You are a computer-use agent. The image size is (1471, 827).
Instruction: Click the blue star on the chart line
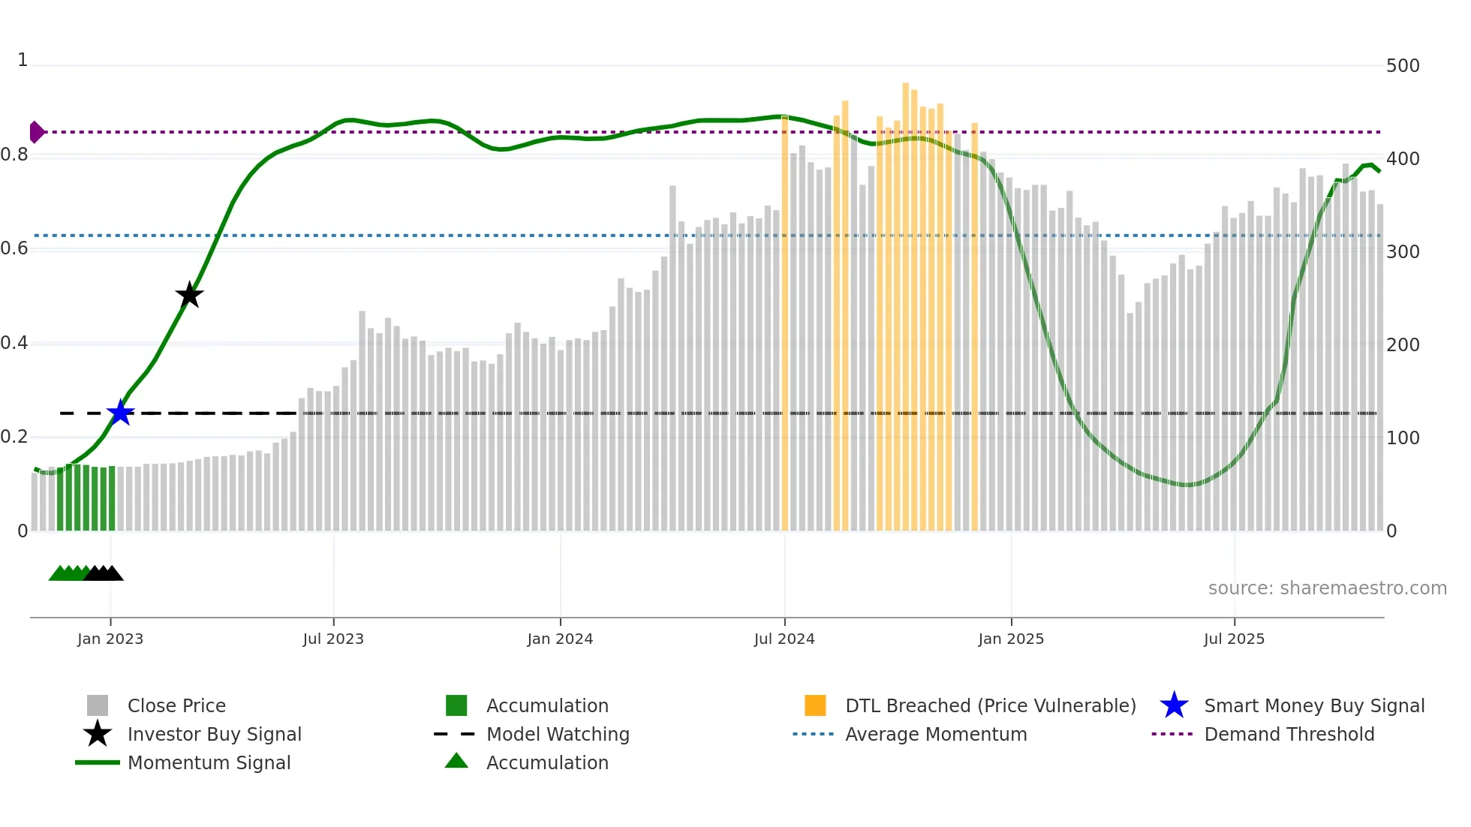[120, 413]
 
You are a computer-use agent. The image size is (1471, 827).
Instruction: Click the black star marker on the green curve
[189, 295]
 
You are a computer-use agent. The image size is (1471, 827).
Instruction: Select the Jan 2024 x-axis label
[560, 639]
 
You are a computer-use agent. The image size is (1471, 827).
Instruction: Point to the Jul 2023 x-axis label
[333, 639]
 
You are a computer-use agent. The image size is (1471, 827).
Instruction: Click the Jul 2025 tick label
[1234, 639]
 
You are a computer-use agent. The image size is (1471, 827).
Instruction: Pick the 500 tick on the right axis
[1402, 66]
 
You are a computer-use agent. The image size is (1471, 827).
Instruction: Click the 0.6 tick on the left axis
[14, 248]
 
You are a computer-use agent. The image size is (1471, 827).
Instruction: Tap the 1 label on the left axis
[23, 60]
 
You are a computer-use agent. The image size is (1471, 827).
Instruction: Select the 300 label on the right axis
[1402, 252]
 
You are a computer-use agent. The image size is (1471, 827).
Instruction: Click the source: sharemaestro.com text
[1327, 588]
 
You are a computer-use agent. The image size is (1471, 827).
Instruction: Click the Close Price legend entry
[176, 705]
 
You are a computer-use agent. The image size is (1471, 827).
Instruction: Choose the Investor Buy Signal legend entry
[214, 734]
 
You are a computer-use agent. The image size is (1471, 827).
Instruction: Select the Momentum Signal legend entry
[209, 762]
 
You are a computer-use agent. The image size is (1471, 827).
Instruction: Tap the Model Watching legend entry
[558, 734]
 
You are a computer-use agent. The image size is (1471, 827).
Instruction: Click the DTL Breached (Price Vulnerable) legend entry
[990, 705]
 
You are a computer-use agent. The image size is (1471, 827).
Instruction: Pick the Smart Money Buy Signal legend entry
[1313, 705]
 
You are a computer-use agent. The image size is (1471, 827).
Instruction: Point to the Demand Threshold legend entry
[1289, 734]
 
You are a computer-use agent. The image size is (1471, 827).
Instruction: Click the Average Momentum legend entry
[935, 734]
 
